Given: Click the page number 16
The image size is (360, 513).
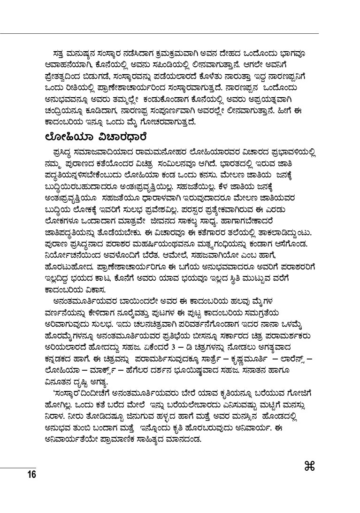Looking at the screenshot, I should (31, 475).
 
